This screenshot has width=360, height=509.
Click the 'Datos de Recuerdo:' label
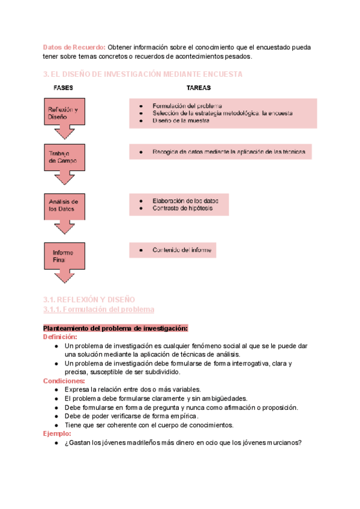(74, 47)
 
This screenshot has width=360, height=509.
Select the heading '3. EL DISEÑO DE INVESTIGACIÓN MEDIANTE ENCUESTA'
(143, 74)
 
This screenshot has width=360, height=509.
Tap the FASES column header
(64, 88)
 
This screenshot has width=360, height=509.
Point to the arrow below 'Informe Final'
(65, 277)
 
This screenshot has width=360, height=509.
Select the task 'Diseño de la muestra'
(181, 121)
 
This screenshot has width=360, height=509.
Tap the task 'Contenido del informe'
(182, 250)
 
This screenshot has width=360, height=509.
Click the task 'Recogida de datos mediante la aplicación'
(229, 152)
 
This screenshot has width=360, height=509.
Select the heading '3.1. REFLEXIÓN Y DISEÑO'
(89, 299)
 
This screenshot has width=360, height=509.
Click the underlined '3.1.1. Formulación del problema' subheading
(99, 309)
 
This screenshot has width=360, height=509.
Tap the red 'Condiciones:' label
(64, 381)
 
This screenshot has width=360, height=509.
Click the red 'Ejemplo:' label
(58, 433)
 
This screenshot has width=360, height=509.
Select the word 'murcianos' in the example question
(281, 442)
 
